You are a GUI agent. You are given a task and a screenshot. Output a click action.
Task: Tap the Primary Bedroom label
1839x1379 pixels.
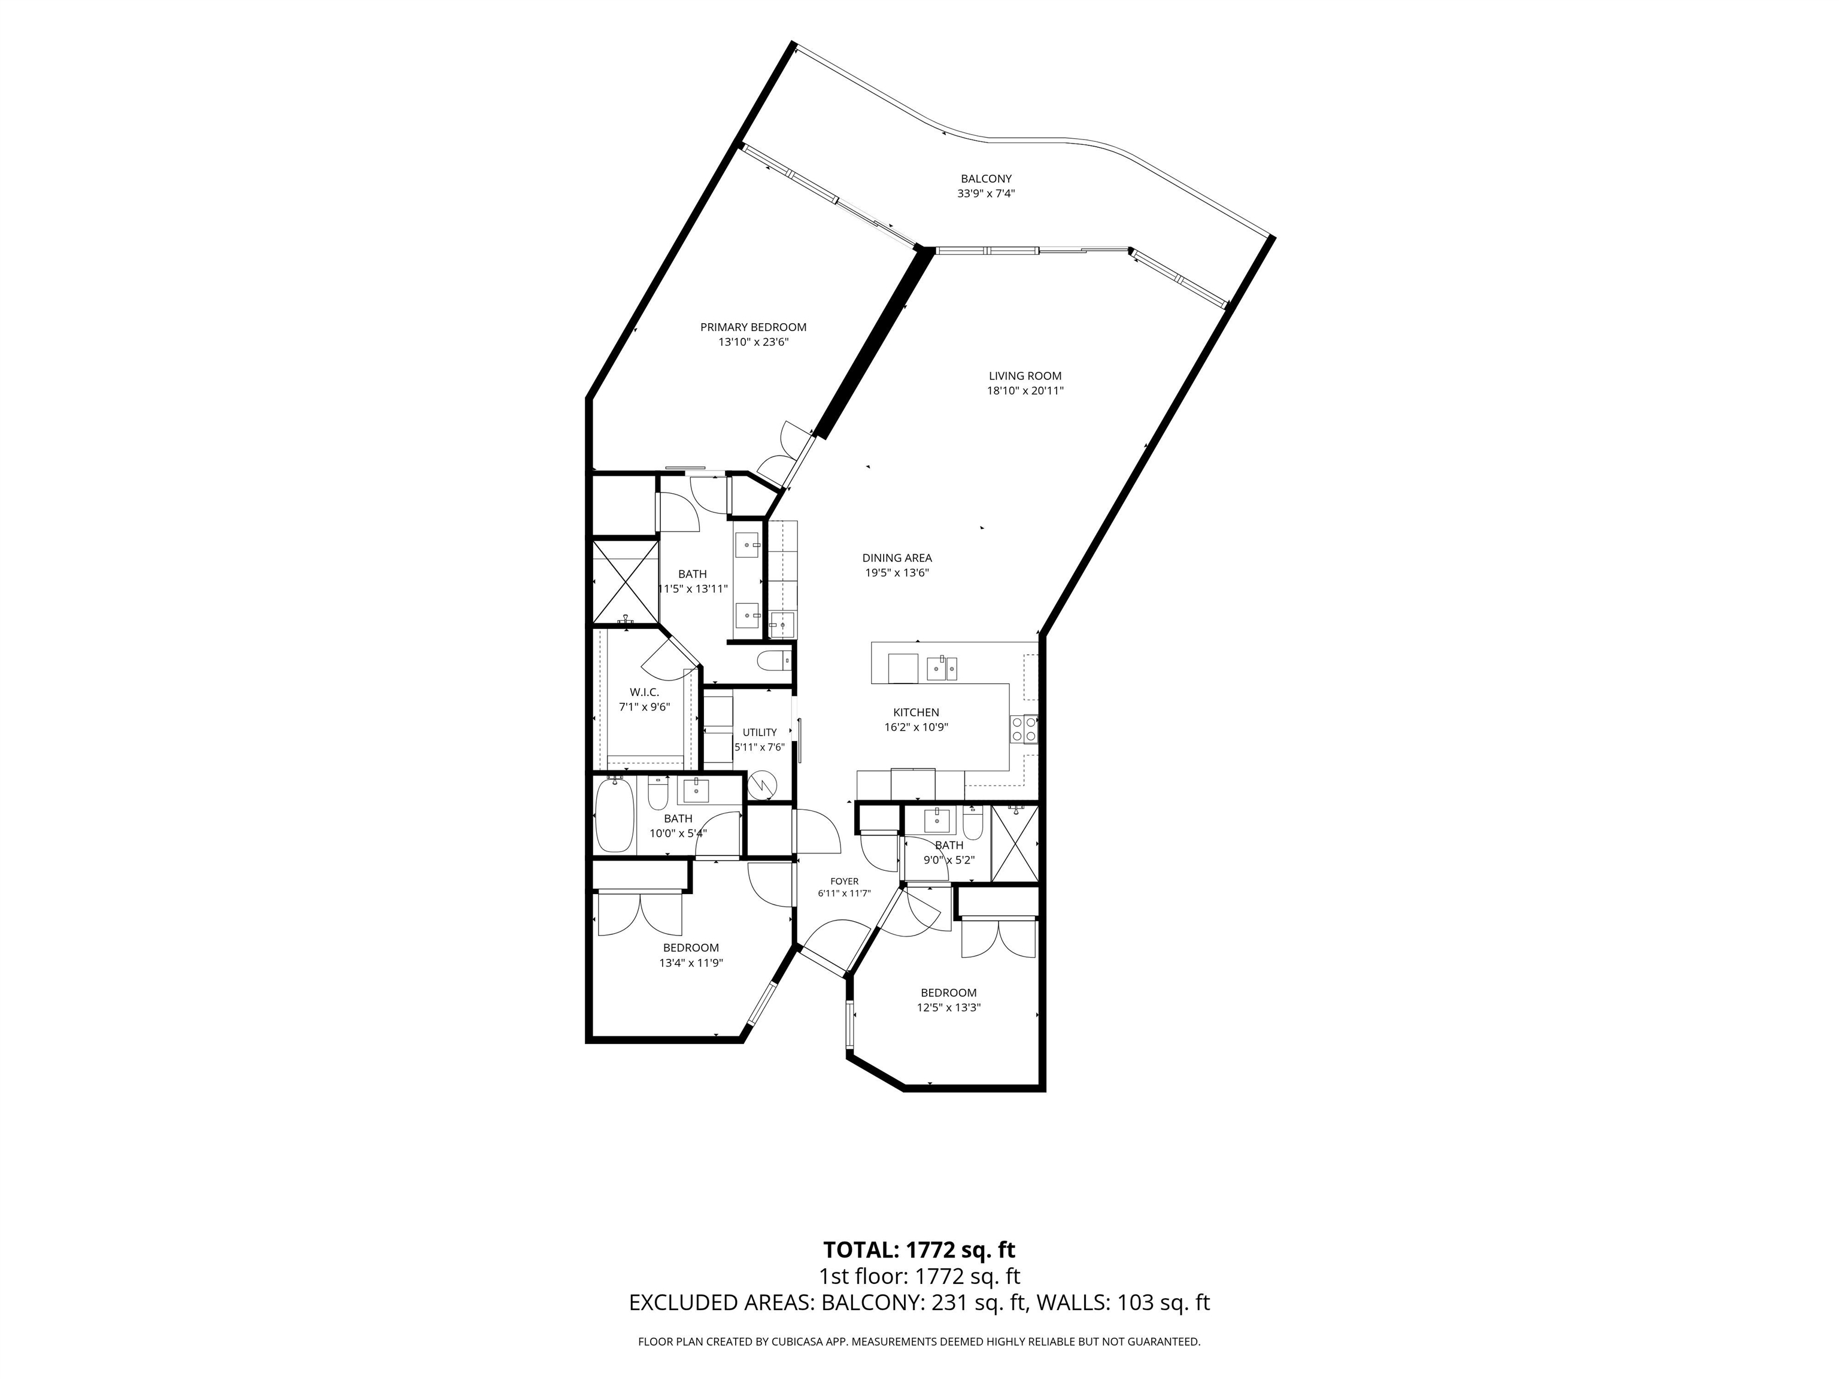(753, 327)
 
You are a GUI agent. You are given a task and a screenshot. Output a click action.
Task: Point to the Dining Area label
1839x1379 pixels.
(897, 558)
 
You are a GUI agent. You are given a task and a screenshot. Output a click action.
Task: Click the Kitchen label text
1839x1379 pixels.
(916, 712)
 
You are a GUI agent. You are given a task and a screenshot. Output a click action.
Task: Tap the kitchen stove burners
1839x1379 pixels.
(1024, 729)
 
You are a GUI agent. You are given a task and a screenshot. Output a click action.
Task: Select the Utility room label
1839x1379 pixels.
(760, 733)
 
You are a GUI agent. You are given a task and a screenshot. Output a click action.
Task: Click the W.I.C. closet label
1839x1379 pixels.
(644, 692)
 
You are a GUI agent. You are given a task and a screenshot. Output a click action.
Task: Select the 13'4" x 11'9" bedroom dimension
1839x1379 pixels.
(691, 964)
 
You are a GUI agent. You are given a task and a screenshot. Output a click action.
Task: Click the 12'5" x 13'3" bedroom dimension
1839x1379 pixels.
(949, 1007)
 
